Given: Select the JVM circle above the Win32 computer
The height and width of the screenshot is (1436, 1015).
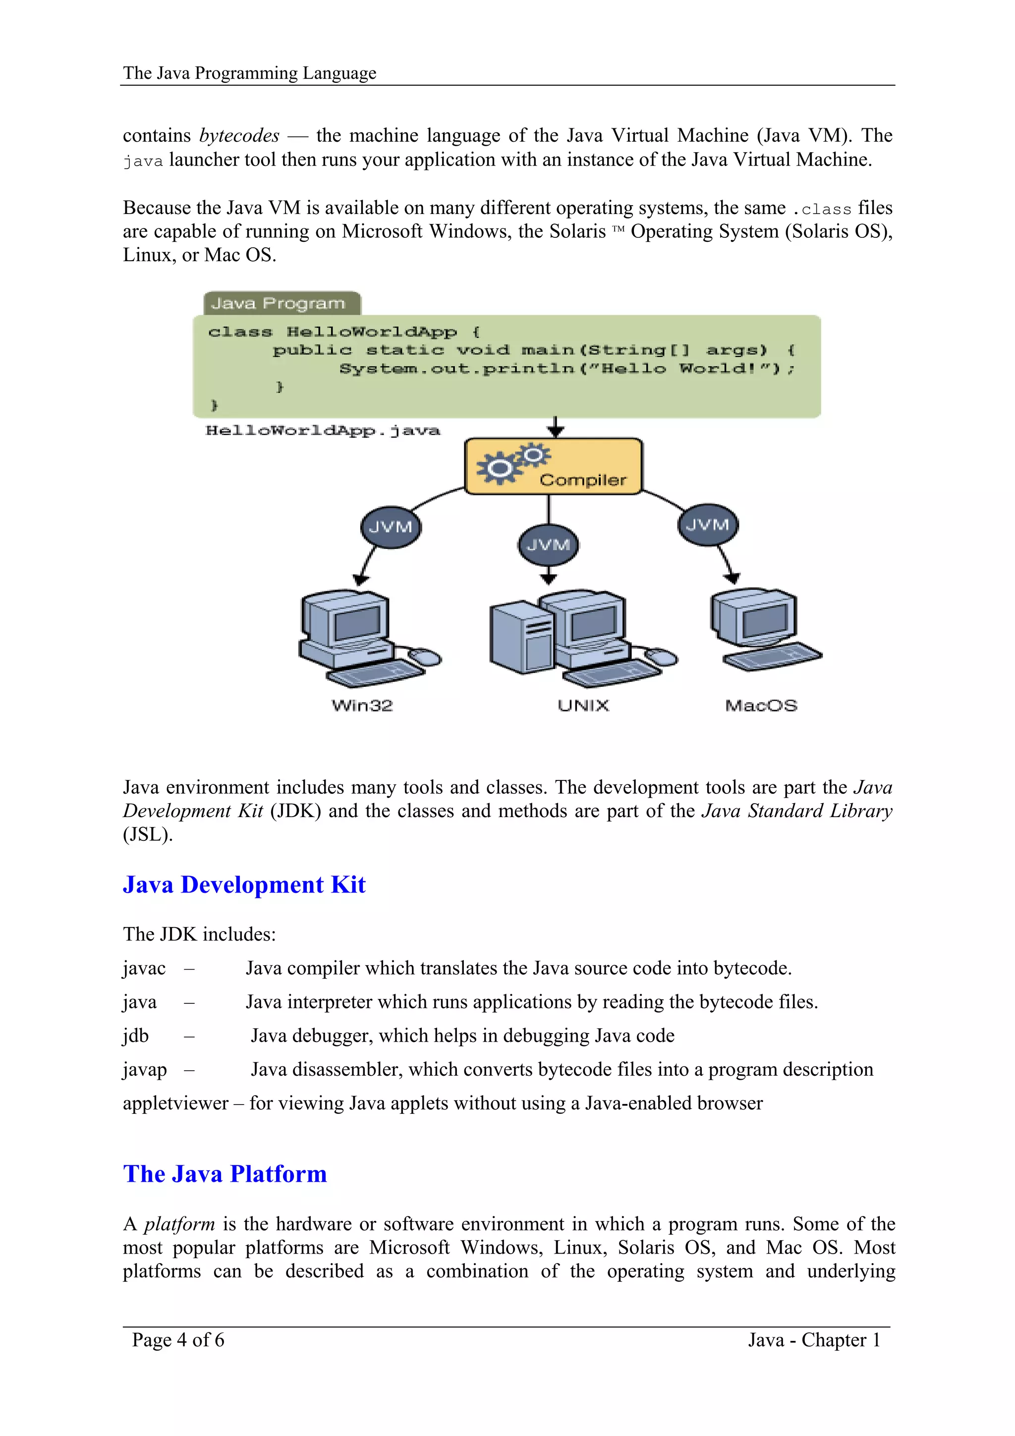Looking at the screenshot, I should [391, 527].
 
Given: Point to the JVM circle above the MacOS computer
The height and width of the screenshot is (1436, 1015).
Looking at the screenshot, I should [708, 524].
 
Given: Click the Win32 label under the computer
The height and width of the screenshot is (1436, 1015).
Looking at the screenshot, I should [362, 706].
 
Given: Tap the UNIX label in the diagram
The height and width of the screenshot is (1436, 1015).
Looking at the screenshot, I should [583, 706].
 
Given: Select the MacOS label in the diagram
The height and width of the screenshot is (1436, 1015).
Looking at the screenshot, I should [761, 706].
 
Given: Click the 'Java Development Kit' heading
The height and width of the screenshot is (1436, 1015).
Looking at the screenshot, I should [244, 884].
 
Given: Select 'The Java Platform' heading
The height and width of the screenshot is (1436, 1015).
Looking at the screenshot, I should [225, 1174].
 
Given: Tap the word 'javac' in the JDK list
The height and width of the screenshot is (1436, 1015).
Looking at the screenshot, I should [144, 968].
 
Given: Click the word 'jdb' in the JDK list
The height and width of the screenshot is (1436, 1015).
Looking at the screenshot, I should [136, 1036].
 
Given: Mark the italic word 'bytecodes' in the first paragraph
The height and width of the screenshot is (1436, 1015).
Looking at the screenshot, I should [239, 136].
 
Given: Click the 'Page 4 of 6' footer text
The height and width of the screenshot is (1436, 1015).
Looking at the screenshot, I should [178, 1340].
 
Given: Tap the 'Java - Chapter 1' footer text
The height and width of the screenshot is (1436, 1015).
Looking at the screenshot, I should [814, 1340].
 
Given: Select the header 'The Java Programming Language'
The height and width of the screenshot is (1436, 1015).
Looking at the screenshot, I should [249, 73].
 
